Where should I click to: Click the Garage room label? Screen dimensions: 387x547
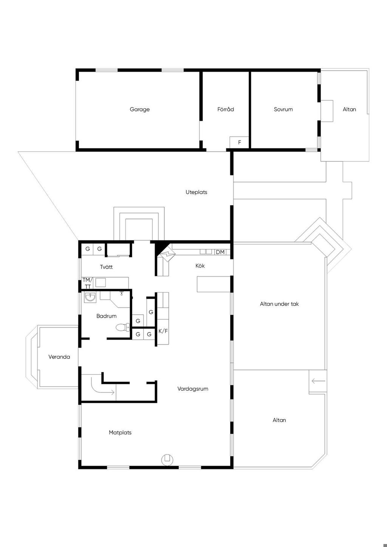pyautogui.click(x=139, y=110)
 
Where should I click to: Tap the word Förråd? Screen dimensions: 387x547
pyautogui.click(x=226, y=109)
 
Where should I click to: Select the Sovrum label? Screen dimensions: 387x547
pyautogui.click(x=283, y=110)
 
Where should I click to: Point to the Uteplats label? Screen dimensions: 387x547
pyautogui.click(x=196, y=192)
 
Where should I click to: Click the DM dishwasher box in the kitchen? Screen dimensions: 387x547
pyautogui.click(x=220, y=252)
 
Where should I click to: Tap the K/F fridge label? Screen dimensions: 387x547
pyautogui.click(x=163, y=331)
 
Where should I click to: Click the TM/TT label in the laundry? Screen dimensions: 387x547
pyautogui.click(x=87, y=283)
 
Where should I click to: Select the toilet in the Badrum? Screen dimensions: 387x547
pyautogui.click(x=123, y=327)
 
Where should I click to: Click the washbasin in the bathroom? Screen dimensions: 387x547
pyautogui.click(x=90, y=297)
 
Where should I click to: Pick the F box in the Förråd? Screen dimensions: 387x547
pyautogui.click(x=239, y=142)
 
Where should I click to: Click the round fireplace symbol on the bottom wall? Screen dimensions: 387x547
pyautogui.click(x=167, y=459)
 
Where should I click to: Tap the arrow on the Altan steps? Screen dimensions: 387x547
pyautogui.click(x=319, y=381)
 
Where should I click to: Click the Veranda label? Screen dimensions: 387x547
pyautogui.click(x=59, y=357)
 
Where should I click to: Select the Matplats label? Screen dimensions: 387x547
pyautogui.click(x=120, y=433)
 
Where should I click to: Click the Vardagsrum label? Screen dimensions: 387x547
pyautogui.click(x=193, y=389)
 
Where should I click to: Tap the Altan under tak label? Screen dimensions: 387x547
pyautogui.click(x=279, y=304)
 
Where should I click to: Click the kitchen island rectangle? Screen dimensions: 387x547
pyautogui.click(x=214, y=284)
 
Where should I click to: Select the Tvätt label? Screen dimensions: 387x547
pyautogui.click(x=106, y=267)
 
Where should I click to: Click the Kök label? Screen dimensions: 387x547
pyautogui.click(x=200, y=266)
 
